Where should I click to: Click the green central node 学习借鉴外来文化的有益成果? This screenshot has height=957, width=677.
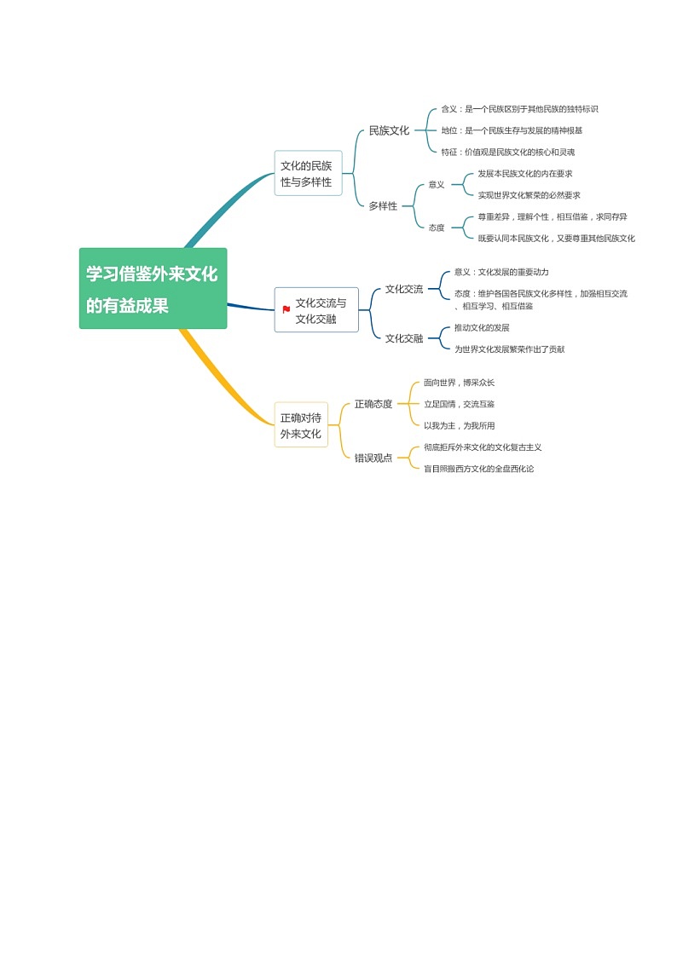153,288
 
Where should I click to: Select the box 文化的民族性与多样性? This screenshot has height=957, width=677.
307,174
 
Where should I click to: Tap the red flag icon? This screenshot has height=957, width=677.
286,309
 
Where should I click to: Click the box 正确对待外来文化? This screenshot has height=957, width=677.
301,425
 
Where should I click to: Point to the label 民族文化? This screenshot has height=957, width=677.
389,130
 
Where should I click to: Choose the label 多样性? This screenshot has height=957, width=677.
383,206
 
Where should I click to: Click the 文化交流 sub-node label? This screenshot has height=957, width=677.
403,289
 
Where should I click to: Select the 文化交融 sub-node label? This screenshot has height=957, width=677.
403,338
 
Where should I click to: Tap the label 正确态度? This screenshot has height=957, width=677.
373,404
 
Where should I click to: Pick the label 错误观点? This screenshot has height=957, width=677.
373,458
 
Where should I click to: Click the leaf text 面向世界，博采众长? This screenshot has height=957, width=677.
459,383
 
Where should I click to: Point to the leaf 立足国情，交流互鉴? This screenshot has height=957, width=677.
459,404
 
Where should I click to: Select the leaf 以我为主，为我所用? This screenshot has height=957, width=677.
459,425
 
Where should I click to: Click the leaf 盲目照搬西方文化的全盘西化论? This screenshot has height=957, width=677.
478,469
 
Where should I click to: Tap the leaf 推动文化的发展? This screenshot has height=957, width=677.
482,327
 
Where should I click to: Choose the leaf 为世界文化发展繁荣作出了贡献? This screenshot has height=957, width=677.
509,349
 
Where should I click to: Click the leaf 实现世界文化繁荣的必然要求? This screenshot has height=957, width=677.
529,195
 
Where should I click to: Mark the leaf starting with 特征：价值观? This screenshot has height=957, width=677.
507,152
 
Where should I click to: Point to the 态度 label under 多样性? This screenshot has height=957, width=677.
437,228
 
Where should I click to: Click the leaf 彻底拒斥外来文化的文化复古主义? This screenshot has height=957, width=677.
483,447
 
